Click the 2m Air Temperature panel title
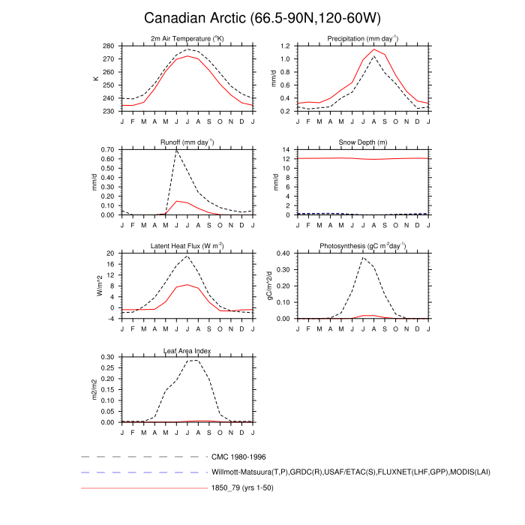click(x=187, y=38)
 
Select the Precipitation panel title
click(x=362, y=38)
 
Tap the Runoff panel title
click(x=187, y=142)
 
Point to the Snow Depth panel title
click(x=362, y=142)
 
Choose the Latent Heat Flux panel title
click(x=187, y=245)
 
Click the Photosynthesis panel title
click(x=362, y=245)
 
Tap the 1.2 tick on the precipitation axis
click(x=285, y=46)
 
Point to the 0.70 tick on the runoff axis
click(x=107, y=150)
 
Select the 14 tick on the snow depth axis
click(x=287, y=150)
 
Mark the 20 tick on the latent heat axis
click(x=110, y=253)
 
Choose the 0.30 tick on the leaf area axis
click(x=107, y=357)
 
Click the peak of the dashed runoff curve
click(x=176, y=151)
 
